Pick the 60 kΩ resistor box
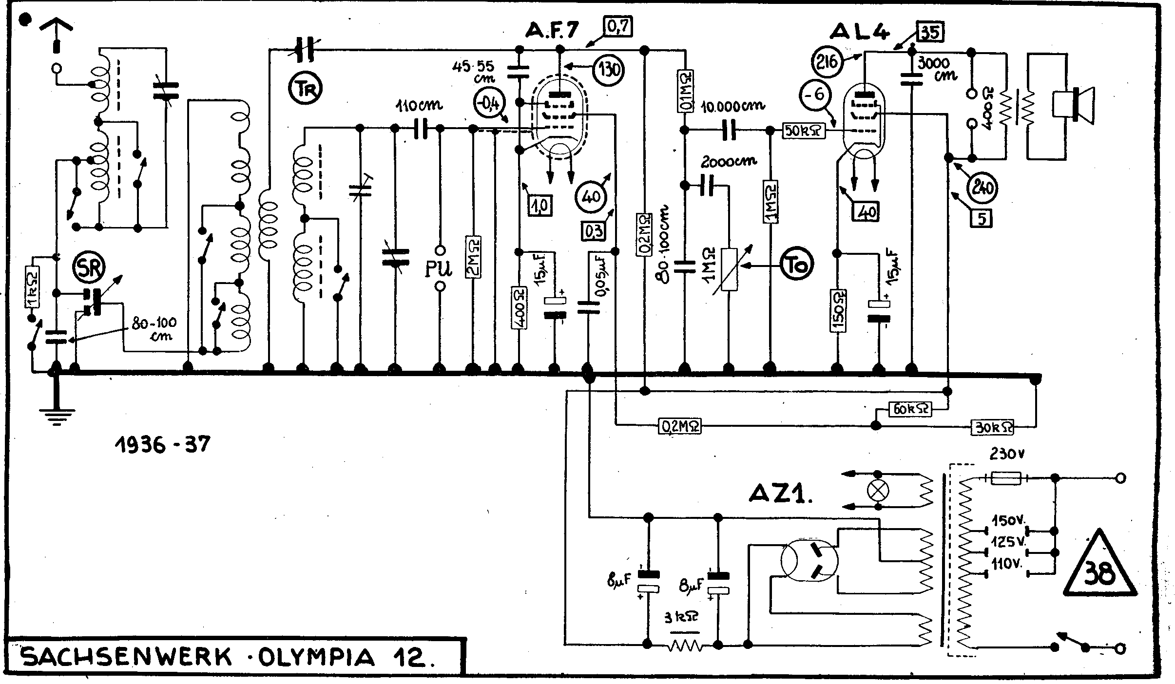coord(910,409)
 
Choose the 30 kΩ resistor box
coord(993,427)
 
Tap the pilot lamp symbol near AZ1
coord(877,490)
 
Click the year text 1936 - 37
coord(162,444)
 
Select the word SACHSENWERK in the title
coord(127,657)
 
